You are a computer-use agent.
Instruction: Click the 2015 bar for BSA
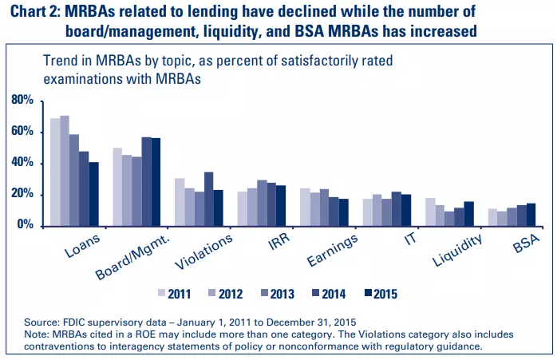click(531, 214)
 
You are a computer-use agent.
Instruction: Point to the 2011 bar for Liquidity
click(430, 212)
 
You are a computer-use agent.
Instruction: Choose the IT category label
click(409, 239)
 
